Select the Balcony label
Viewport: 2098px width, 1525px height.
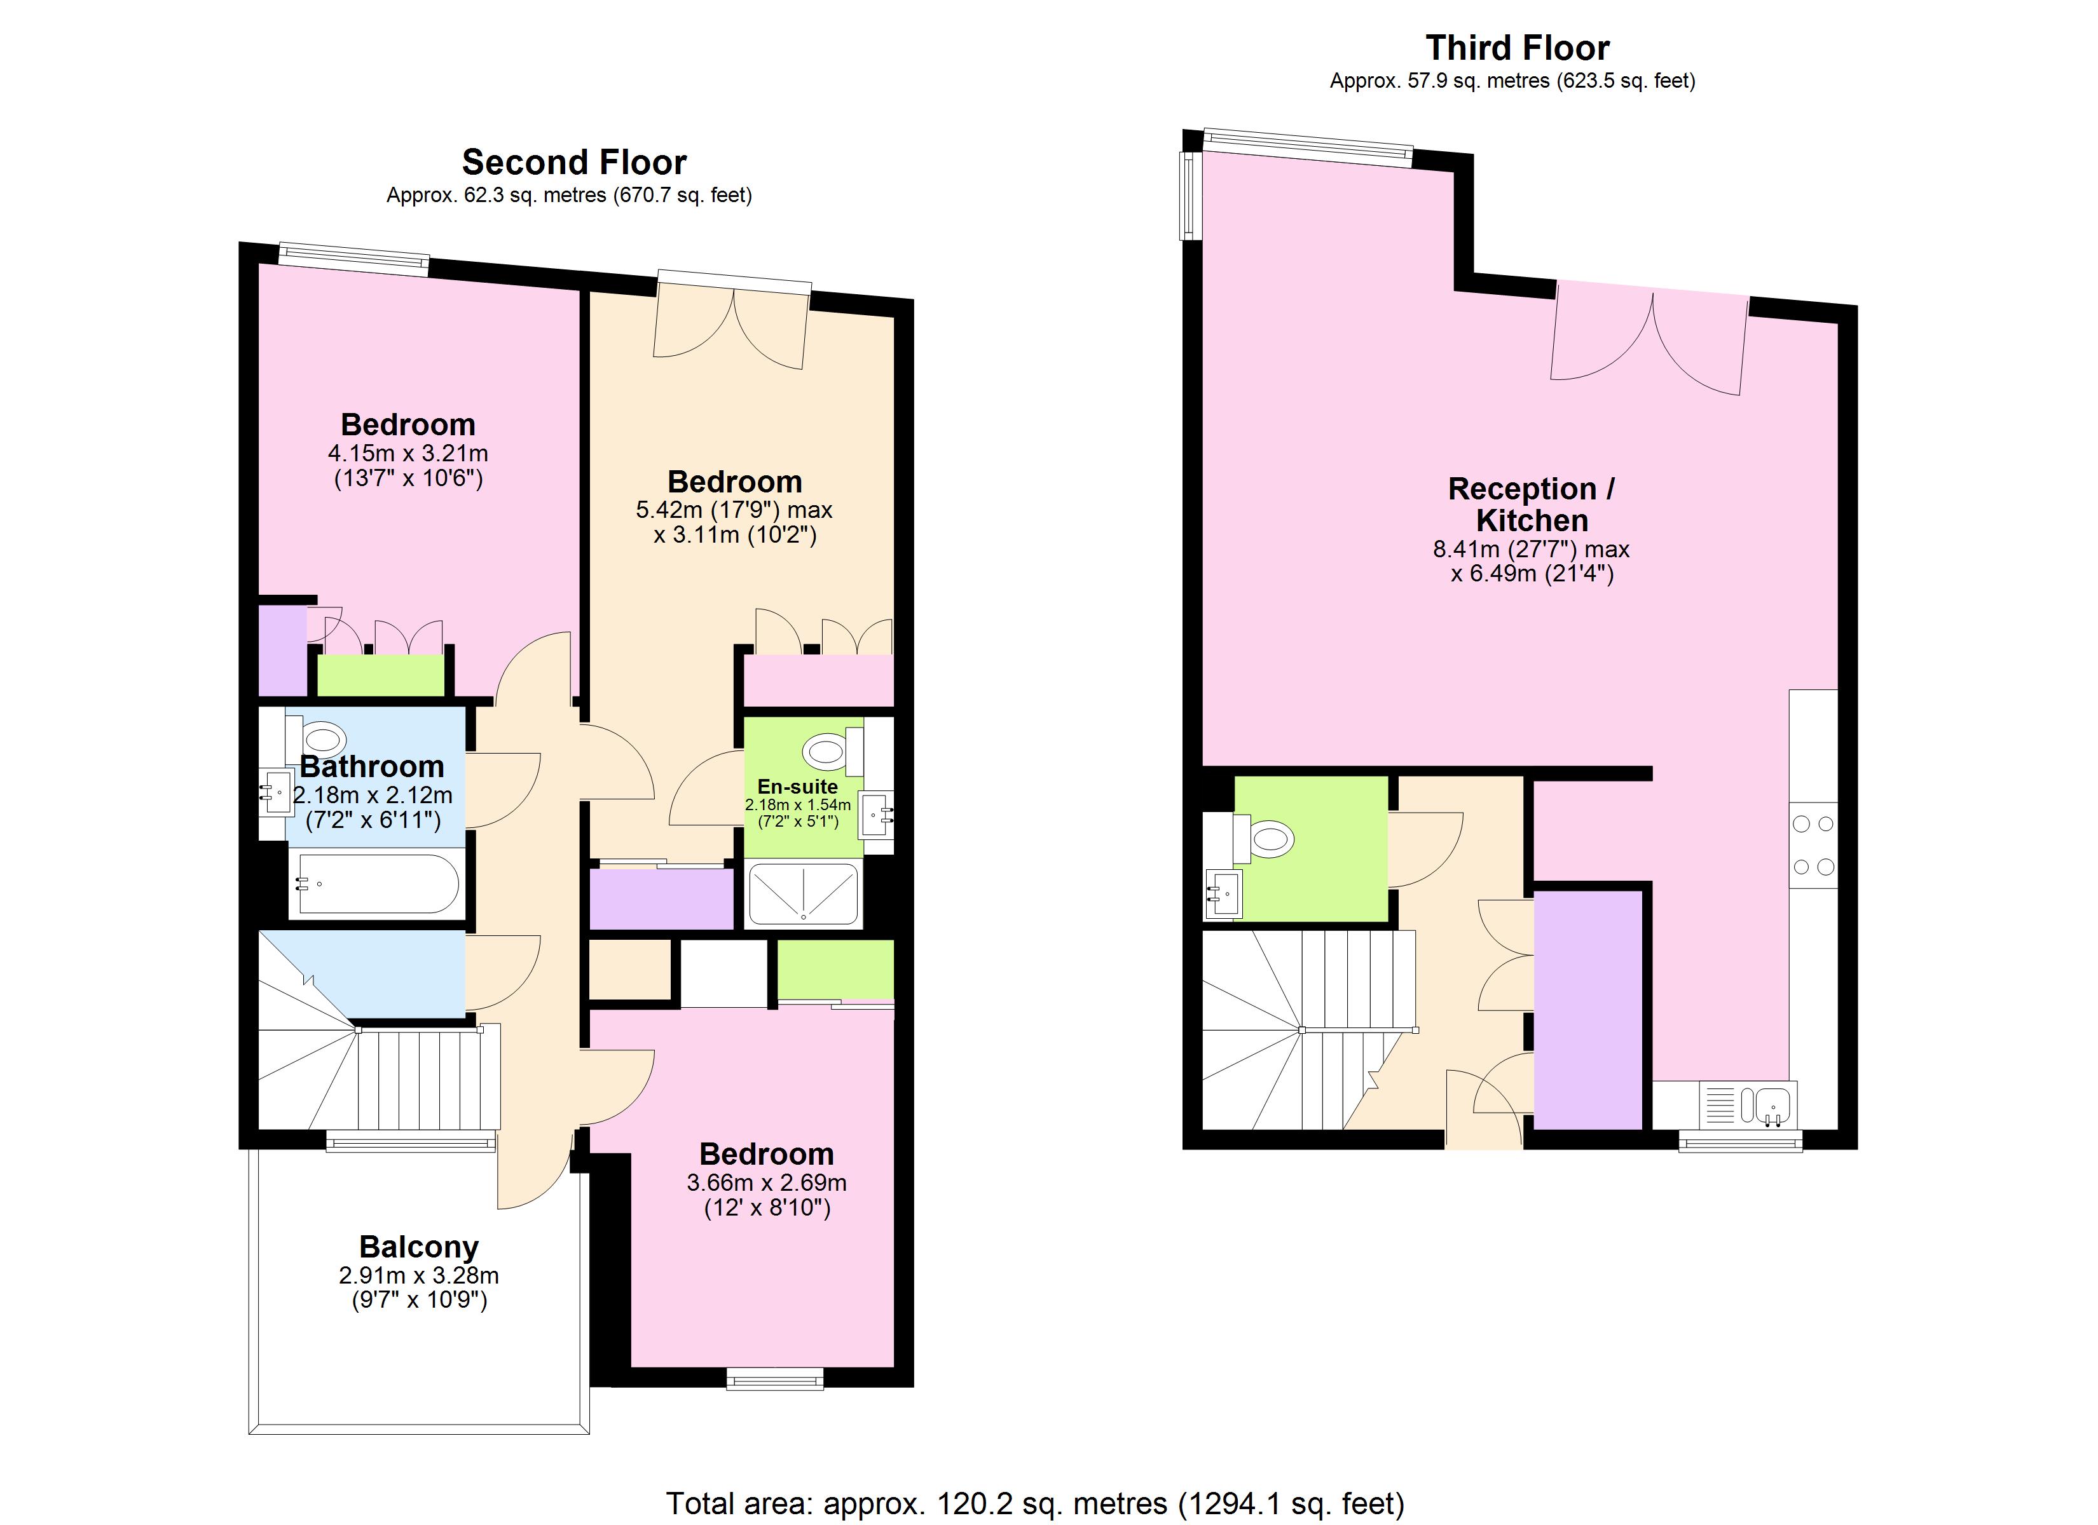click(x=418, y=1247)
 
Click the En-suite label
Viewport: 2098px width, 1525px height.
click(x=797, y=787)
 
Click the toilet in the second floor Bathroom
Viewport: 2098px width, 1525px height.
click(x=323, y=740)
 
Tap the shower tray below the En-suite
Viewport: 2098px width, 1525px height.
click(x=803, y=894)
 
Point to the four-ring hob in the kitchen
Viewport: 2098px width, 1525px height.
click(x=1813, y=845)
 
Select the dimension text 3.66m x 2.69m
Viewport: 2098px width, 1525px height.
click(x=766, y=1183)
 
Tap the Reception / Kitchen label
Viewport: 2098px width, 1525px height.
click(x=1531, y=504)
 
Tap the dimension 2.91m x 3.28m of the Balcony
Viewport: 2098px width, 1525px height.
click(x=418, y=1275)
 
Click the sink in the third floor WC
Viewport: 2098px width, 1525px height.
click(x=1223, y=894)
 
